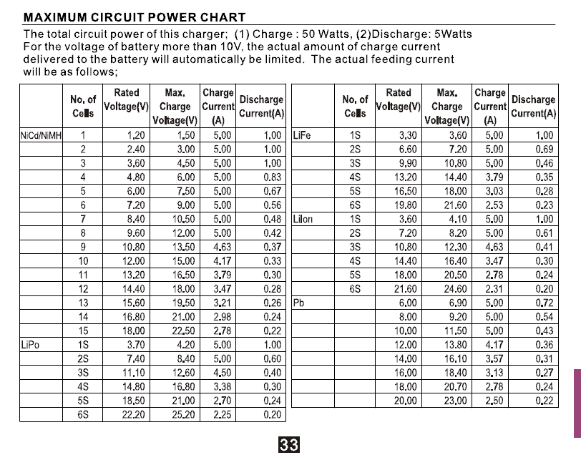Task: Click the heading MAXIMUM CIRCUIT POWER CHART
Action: (x=135, y=17)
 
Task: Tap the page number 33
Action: (x=290, y=445)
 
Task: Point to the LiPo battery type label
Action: (x=31, y=344)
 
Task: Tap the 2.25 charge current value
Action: (x=222, y=414)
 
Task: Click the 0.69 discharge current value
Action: (x=544, y=149)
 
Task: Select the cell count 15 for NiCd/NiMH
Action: (x=83, y=331)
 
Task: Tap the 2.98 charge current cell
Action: (x=222, y=316)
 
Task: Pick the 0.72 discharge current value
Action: (x=544, y=303)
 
